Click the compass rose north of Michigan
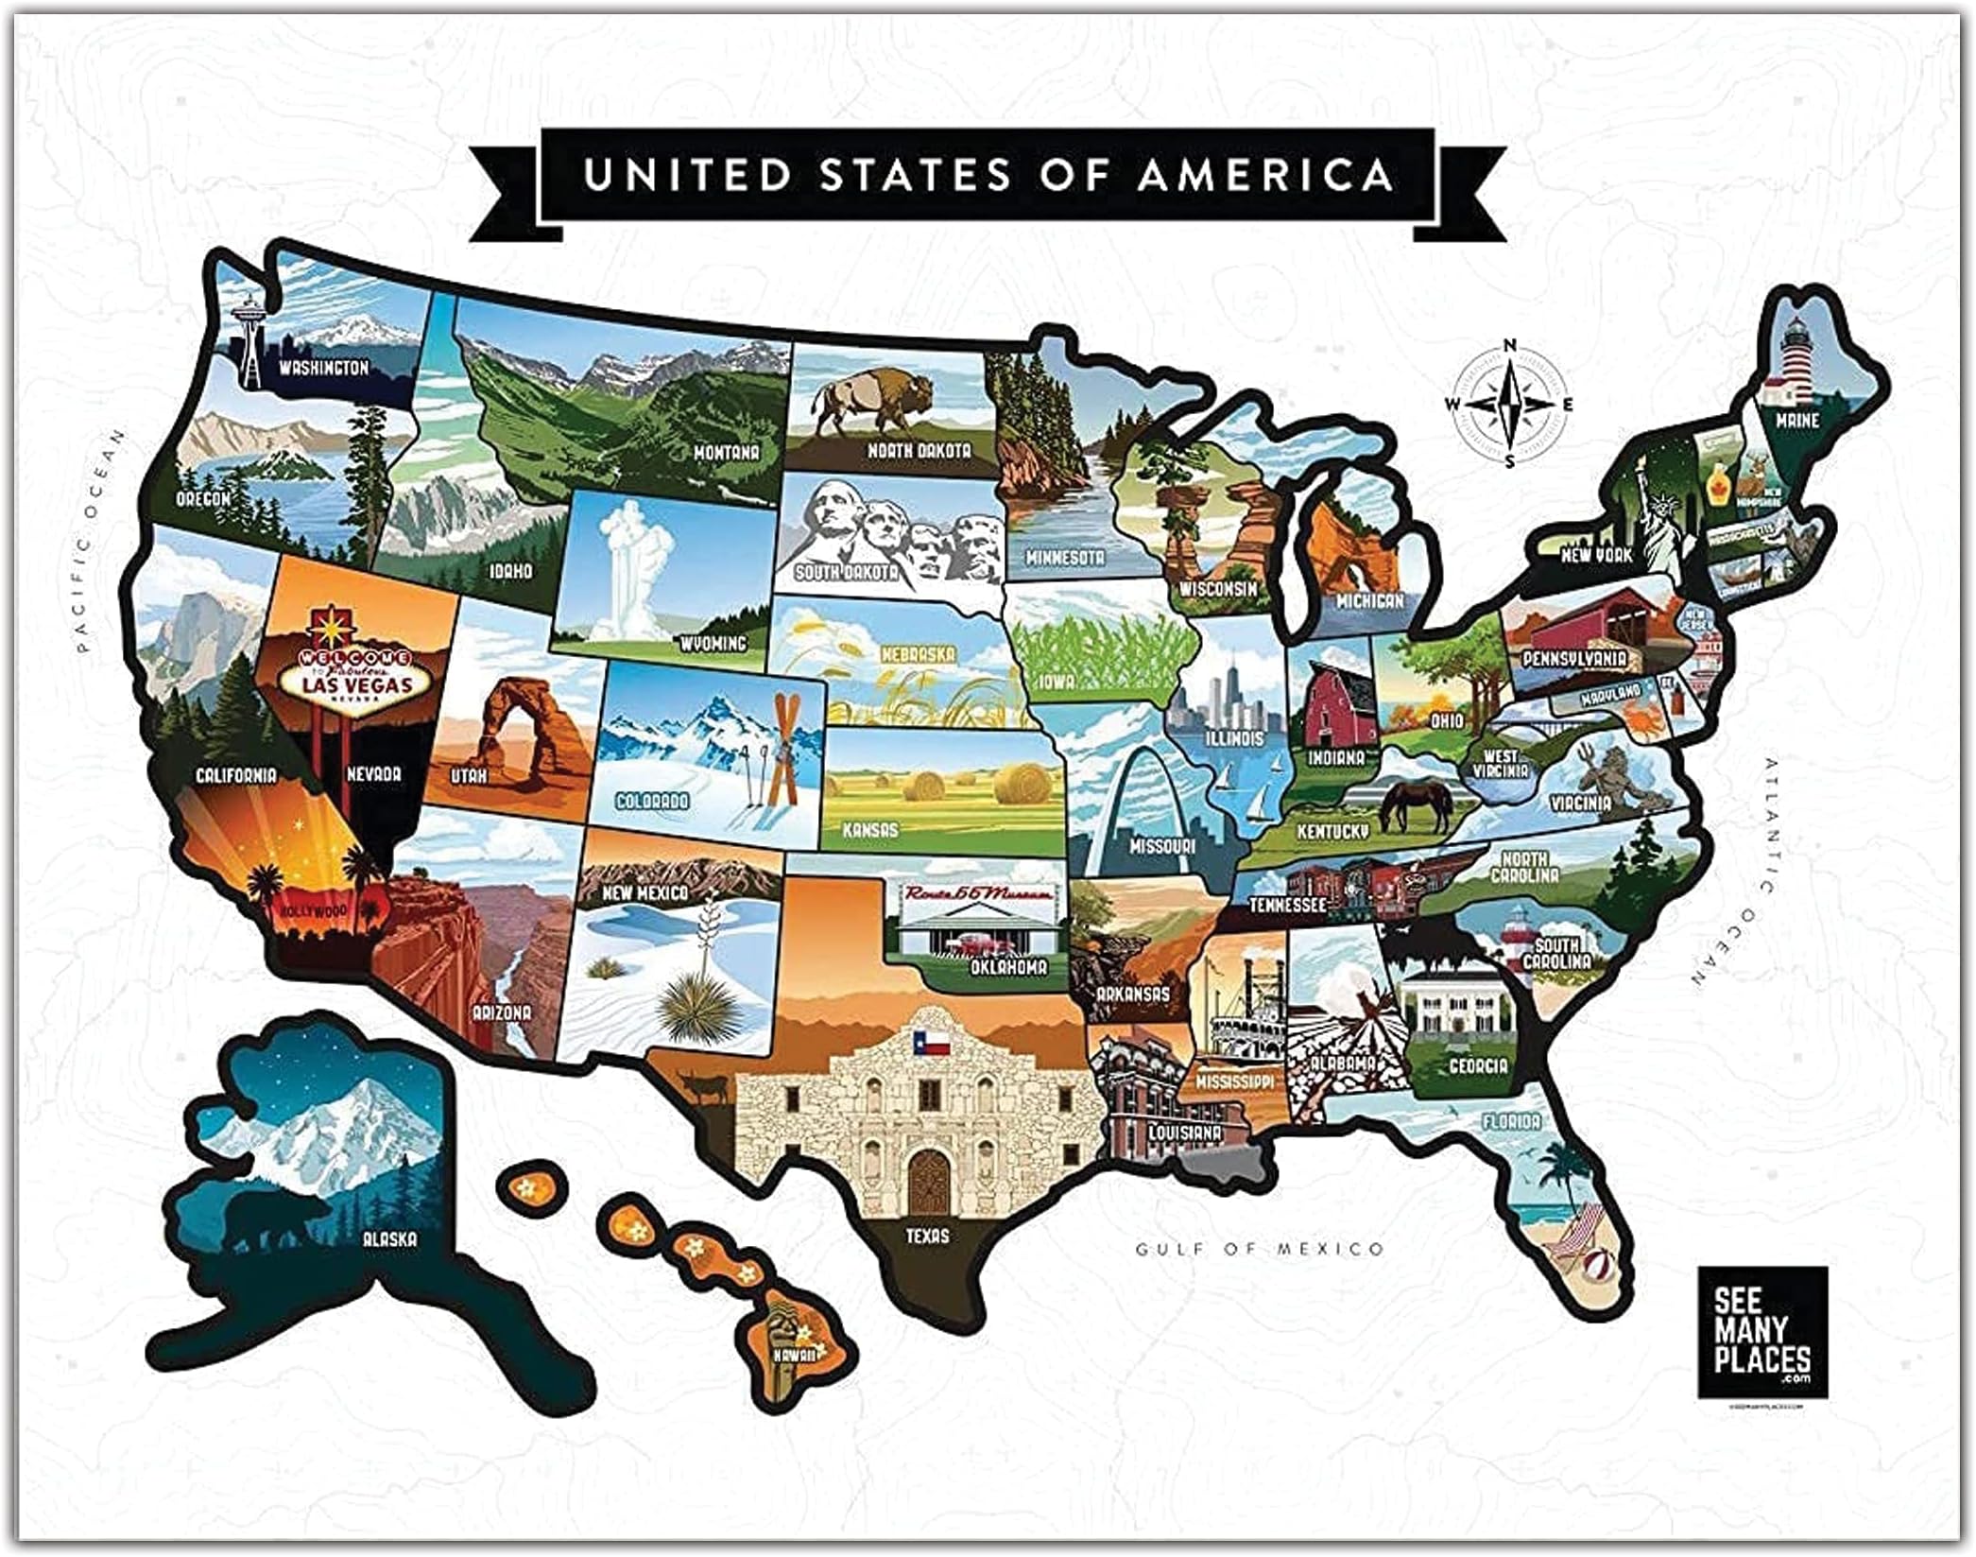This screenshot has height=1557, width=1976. coord(1509,404)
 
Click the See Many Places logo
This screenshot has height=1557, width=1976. coord(1761,1331)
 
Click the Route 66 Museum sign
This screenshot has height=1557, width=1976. coord(978,893)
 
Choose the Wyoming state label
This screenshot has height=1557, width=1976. coord(713,644)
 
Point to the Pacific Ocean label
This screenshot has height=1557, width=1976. coord(100,541)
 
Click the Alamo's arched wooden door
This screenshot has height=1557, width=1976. coord(927,1185)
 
